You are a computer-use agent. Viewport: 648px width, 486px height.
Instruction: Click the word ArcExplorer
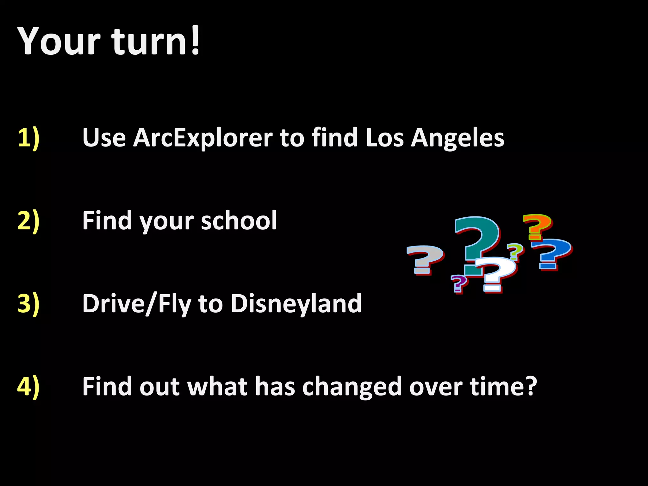coord(202,138)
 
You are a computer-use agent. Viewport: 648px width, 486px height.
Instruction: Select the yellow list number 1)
coord(28,138)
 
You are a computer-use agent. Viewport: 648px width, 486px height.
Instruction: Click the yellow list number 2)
coord(28,221)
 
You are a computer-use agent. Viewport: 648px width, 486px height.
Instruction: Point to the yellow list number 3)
coord(28,304)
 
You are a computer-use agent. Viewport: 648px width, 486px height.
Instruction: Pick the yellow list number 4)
coord(28,387)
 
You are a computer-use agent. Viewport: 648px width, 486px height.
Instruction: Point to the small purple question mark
coord(458,283)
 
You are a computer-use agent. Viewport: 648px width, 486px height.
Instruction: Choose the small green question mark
coord(515,252)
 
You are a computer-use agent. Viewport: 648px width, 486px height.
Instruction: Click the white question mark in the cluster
coord(495,272)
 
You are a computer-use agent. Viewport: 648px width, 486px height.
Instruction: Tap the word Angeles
coord(458,138)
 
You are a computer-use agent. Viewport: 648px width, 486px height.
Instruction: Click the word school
coord(239,221)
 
